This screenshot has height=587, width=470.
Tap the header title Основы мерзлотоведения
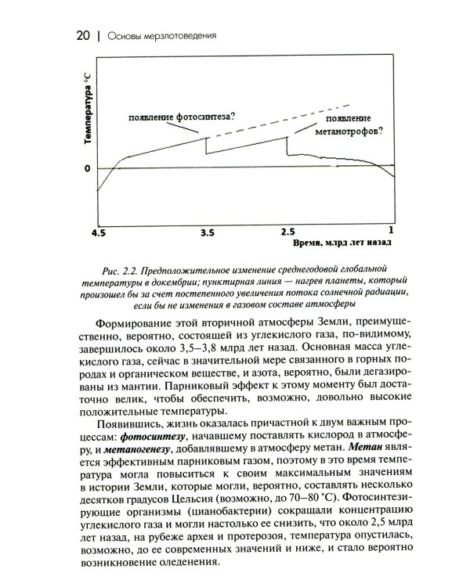(161, 35)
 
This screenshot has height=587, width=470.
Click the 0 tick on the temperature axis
(88, 168)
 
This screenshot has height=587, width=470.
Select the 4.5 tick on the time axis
(98, 233)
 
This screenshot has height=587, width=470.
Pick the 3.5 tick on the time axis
(207, 233)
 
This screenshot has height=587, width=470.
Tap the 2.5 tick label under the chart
(287, 233)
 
